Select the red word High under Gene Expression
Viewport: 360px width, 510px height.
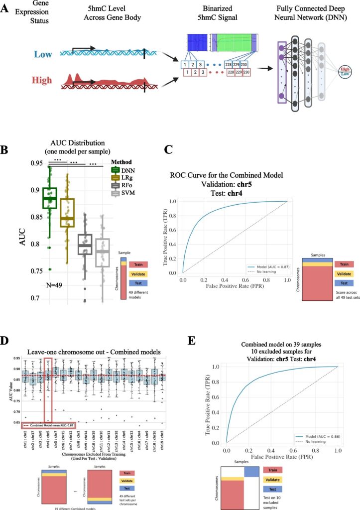[42, 79]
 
